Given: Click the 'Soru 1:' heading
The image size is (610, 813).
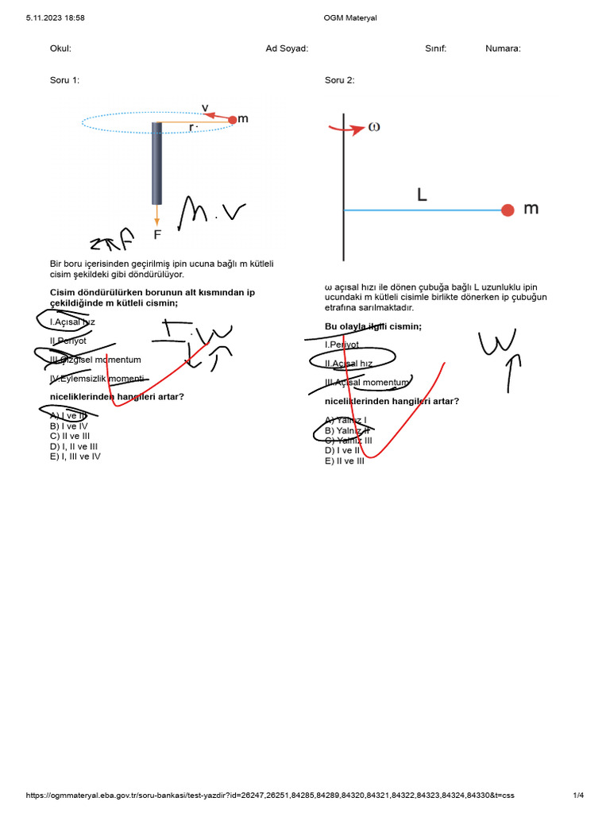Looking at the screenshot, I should tap(64, 80).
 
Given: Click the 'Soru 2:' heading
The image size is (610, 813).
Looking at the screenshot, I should tap(339, 80).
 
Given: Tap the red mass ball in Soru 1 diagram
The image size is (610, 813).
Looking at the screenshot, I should tap(232, 120).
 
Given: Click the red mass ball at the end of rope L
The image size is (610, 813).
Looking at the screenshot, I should tap(508, 210).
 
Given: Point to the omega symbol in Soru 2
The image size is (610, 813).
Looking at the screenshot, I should tap(373, 127).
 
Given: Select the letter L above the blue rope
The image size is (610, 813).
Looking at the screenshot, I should tap(422, 194).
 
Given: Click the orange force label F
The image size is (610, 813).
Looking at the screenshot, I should tap(157, 234).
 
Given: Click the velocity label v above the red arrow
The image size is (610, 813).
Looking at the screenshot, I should tap(205, 107).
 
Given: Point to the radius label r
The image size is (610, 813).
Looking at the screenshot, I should tap(191, 126).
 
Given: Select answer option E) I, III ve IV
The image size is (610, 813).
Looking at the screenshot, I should tap(75, 457).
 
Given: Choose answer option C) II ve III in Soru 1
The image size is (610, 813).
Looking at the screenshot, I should tap(69, 436).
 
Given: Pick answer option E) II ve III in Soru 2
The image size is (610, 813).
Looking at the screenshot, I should tap(344, 460).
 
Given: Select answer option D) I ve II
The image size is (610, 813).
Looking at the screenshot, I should tap(342, 450).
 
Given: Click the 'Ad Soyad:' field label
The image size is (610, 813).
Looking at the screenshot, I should tap(287, 48).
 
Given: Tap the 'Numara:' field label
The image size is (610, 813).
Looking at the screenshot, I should tap(503, 48).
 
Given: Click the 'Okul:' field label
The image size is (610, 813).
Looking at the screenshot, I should tap(60, 48).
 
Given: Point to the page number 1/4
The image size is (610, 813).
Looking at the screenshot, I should tap(578, 796).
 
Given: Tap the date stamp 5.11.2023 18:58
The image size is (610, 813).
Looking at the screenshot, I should tap(56, 17).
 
